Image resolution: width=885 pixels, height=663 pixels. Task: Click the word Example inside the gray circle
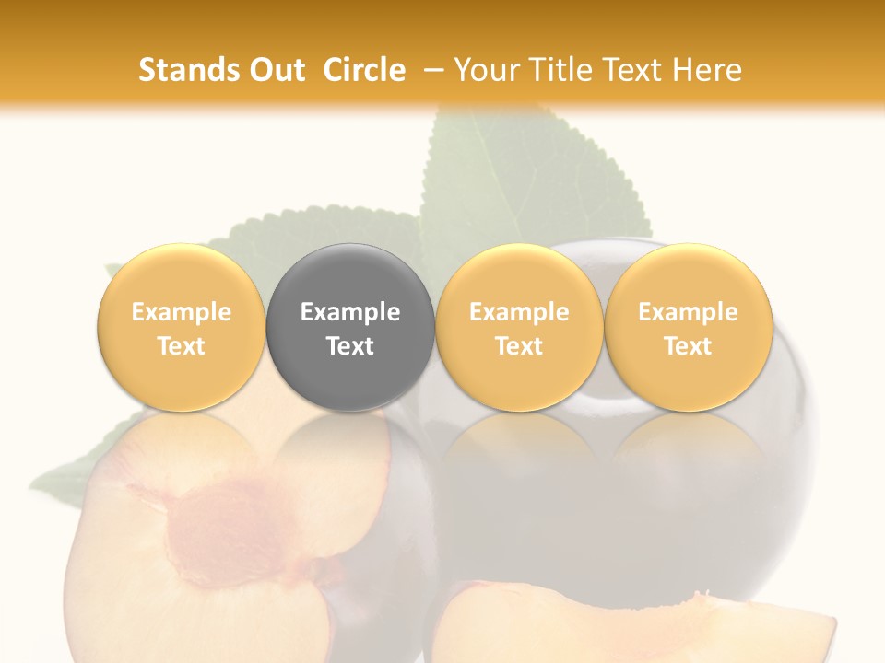pos(350,312)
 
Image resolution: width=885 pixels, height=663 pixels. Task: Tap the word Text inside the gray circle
pos(350,346)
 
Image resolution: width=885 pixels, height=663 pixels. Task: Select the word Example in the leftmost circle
pos(181,312)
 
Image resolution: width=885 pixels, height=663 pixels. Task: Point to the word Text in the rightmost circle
pos(688,346)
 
